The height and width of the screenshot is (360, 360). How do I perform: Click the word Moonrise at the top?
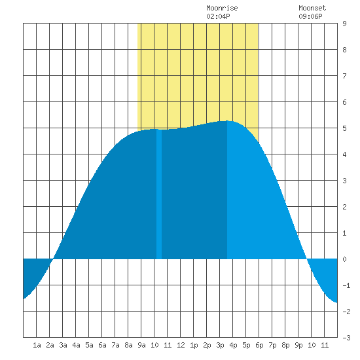point(222,8)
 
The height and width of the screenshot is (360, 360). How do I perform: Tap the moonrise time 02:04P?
point(218,16)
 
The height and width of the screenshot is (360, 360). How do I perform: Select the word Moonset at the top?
point(312,8)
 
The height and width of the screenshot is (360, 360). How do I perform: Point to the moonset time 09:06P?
point(310,16)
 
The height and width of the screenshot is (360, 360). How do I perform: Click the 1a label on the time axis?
point(37,345)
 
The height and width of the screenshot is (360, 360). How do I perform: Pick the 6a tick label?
point(102,345)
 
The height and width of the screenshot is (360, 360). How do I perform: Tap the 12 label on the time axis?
point(181,345)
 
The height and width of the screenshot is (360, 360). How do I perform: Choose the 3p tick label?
point(220,345)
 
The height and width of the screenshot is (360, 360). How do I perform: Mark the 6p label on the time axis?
point(259,345)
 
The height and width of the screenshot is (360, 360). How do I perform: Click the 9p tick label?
point(298,345)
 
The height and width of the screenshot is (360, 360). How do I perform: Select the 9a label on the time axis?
point(141,345)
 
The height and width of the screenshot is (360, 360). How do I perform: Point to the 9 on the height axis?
point(344,24)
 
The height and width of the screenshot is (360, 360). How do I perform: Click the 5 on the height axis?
point(344,128)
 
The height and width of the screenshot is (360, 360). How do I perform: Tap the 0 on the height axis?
point(344,259)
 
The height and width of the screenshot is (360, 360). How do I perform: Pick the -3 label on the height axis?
point(346,338)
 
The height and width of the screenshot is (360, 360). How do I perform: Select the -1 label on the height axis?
point(346,285)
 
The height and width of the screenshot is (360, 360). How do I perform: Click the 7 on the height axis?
point(344,76)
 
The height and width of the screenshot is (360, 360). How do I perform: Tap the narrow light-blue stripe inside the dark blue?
point(159,194)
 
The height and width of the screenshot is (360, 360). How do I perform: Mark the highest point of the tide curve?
point(227,121)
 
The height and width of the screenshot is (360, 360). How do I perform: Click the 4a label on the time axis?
point(76,345)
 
